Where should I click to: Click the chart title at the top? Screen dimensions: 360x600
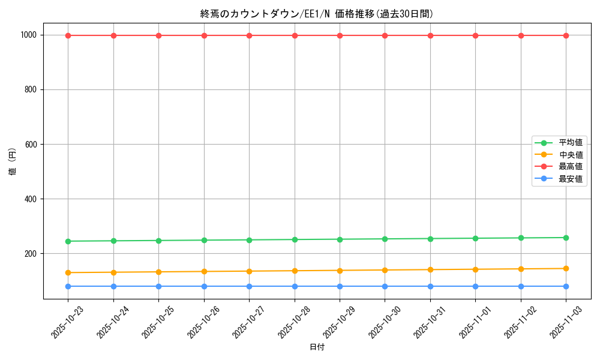[317, 14]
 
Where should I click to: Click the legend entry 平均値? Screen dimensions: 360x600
[570, 143]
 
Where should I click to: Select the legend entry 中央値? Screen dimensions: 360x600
[570, 155]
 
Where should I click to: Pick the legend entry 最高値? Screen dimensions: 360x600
[570, 167]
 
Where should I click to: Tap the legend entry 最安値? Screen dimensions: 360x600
[570, 179]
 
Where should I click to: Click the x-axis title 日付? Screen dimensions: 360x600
[317, 347]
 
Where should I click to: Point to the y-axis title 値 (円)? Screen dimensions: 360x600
[13, 162]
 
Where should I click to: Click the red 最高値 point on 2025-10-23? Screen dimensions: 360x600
[68, 35]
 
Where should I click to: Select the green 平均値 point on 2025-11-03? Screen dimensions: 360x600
[566, 238]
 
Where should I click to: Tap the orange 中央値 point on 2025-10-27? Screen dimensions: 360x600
[249, 271]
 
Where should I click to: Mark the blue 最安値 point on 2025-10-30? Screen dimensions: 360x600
[385, 286]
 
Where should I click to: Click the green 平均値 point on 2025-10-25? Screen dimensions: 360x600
[158, 241]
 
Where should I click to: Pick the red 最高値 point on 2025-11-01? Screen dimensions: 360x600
[475, 35]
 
